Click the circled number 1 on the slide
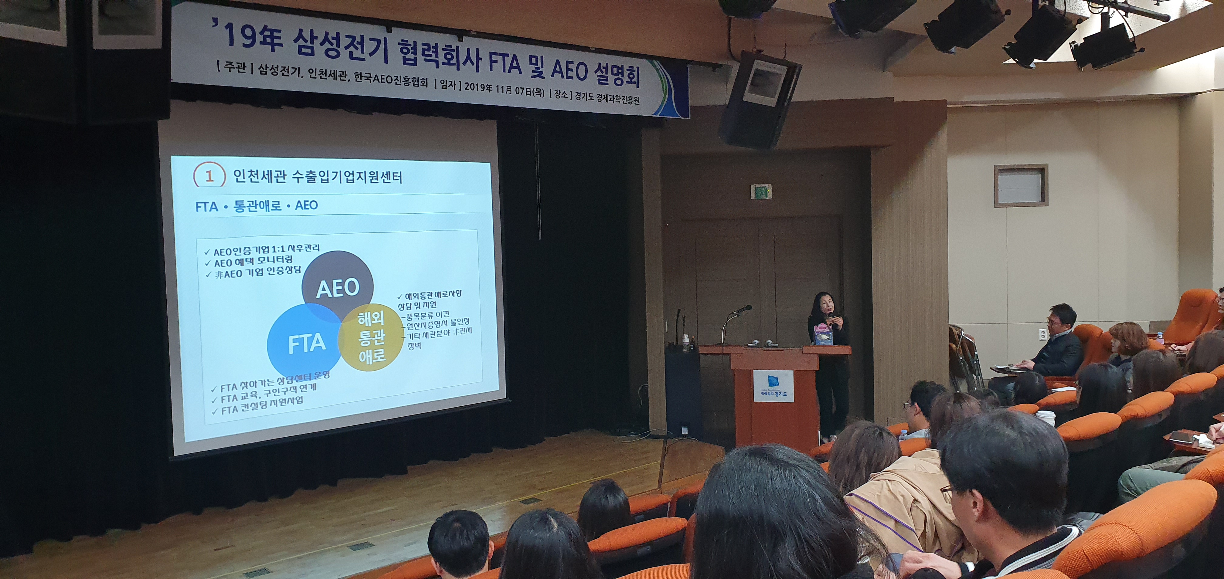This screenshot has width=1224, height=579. (209, 177)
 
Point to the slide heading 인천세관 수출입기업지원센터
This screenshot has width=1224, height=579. (318, 177)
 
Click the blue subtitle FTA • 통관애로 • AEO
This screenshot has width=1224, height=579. (257, 206)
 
